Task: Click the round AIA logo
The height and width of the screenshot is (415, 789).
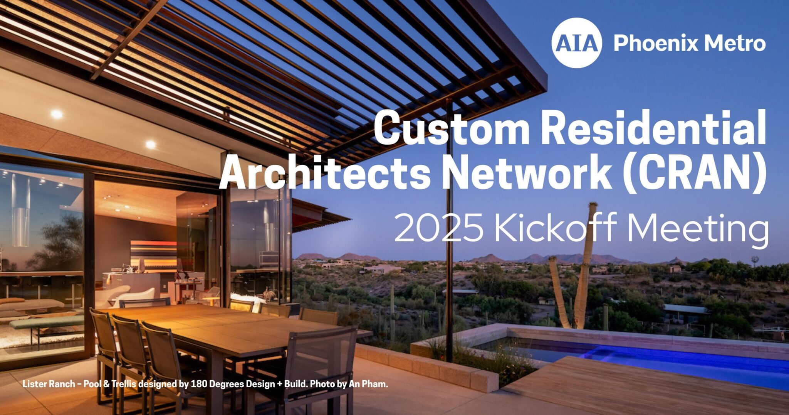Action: [576, 43]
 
